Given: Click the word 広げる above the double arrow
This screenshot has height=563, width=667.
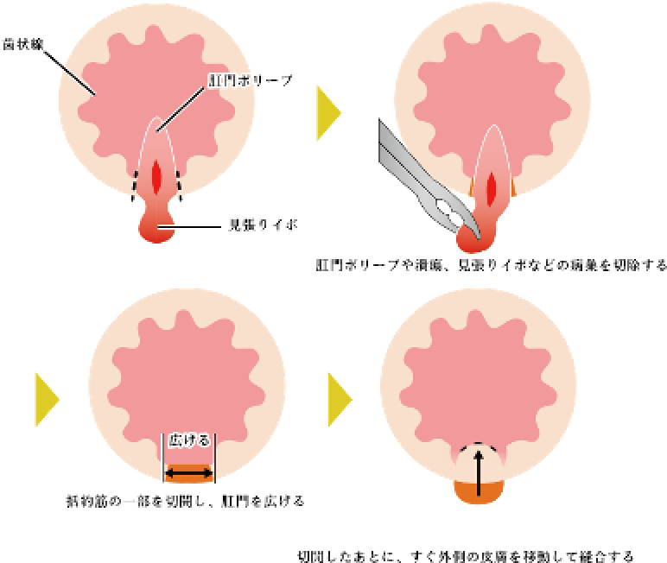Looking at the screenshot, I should pyautogui.click(x=188, y=440).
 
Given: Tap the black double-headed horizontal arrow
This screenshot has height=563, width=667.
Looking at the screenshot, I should pyautogui.click(x=188, y=472).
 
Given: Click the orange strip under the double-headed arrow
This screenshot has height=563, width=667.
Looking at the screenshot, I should pyautogui.click(x=188, y=476).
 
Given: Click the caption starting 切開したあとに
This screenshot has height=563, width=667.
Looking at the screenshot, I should pyautogui.click(x=465, y=554).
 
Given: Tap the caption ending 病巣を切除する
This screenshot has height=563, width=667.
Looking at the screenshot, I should pyautogui.click(x=490, y=265).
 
